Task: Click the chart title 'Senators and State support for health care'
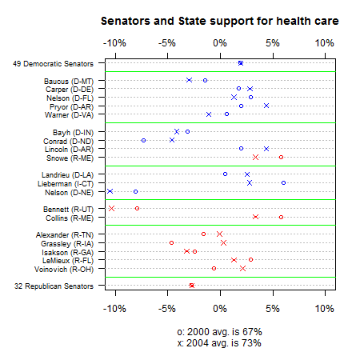(220, 21)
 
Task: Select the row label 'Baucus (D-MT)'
(69, 81)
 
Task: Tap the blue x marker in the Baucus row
(189, 80)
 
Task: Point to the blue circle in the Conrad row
(143, 140)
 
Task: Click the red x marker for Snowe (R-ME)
(255, 157)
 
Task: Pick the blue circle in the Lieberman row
(283, 182)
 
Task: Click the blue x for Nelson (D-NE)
(110, 191)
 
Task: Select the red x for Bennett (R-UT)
(111, 208)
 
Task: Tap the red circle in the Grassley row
(171, 242)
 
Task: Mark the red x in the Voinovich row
(242, 268)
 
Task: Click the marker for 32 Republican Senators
(192, 286)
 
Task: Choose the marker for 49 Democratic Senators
(241, 63)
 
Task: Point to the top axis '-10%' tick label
(114, 43)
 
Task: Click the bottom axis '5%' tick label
(273, 309)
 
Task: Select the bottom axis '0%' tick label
(220, 309)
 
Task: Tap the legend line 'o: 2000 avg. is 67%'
(219, 332)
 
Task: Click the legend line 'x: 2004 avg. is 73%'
(219, 343)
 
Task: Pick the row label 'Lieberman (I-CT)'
(66, 184)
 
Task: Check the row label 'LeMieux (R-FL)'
(68, 261)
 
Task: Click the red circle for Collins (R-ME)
(281, 217)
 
